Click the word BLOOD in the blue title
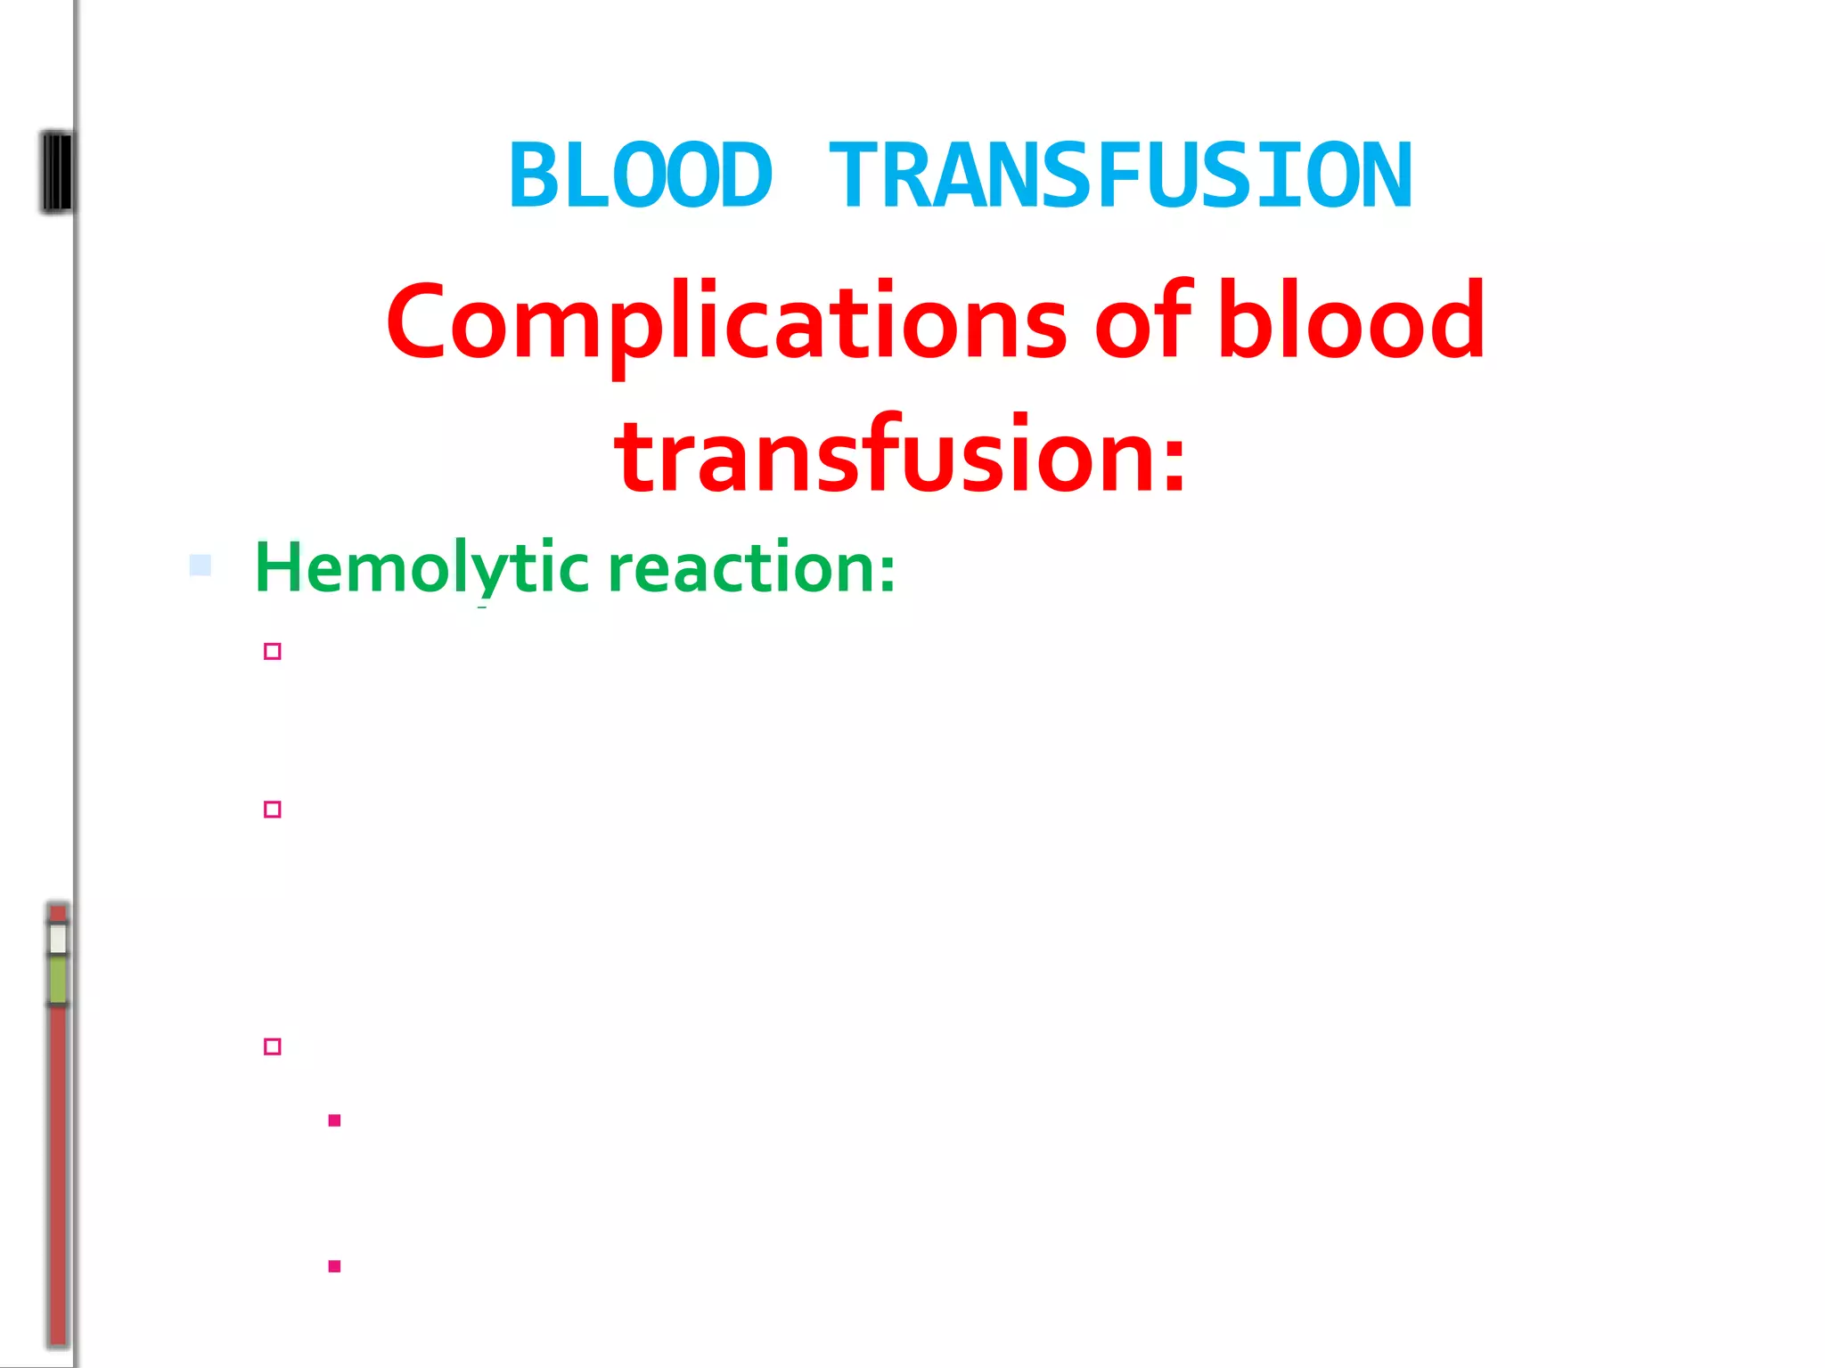point(640,176)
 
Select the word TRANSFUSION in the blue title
point(1120,176)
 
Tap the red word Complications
point(725,322)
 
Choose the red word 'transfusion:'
point(900,456)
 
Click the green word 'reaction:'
point(751,569)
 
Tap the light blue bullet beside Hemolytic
point(201,565)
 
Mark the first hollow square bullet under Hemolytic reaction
point(273,651)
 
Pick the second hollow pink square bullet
point(273,809)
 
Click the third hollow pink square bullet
point(273,1046)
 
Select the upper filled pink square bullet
point(334,1120)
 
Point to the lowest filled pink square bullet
point(334,1266)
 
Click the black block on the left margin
point(57,172)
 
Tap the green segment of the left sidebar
point(58,980)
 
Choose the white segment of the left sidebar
point(58,939)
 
